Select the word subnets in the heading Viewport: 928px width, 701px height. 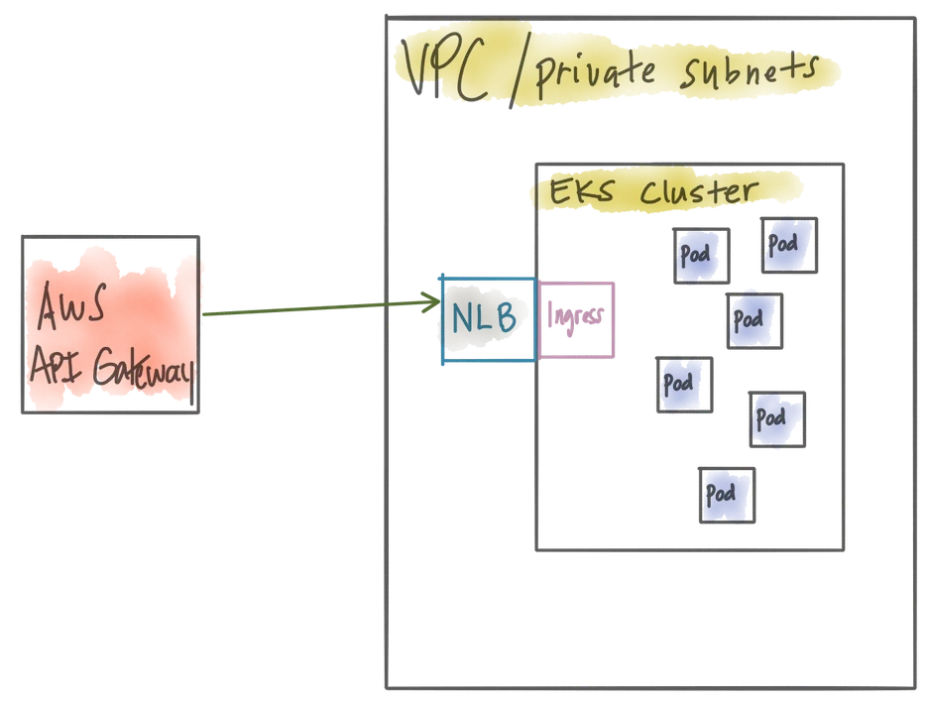(750, 72)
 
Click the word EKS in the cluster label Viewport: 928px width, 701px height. (581, 191)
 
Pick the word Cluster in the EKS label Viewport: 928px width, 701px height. (698, 190)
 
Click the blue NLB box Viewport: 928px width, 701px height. (488, 319)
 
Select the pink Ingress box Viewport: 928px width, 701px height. (576, 319)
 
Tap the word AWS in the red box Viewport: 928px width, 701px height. (72, 305)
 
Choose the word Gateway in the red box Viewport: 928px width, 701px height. (143, 370)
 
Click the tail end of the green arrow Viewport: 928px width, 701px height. (203, 314)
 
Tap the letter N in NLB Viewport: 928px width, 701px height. (463, 318)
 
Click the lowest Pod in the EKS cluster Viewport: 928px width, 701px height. (727, 495)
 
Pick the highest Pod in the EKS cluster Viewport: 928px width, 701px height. (789, 245)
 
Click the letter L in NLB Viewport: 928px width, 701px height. (485, 318)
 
